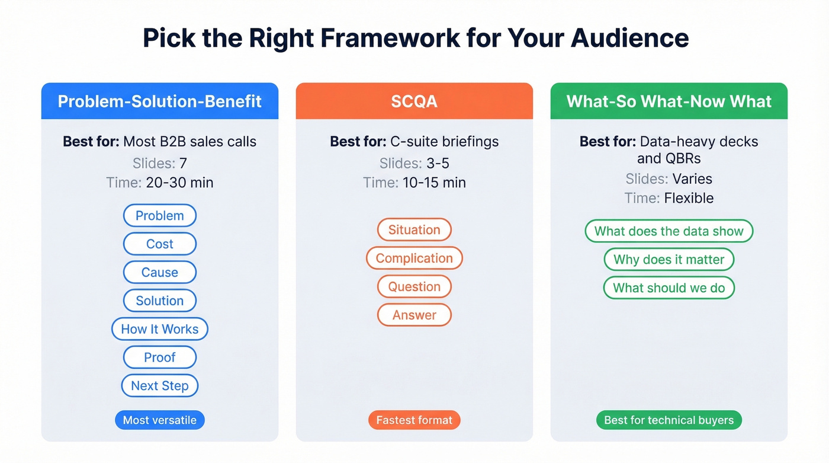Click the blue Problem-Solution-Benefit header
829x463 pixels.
click(160, 101)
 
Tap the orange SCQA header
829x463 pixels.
click(415, 101)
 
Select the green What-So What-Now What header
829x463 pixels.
click(669, 101)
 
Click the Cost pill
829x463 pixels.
click(160, 244)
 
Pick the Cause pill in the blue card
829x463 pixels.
click(160, 272)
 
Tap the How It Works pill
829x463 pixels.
click(160, 329)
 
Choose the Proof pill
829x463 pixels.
click(160, 357)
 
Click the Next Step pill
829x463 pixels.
click(160, 386)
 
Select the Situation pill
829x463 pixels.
click(415, 229)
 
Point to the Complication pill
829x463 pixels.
click(415, 258)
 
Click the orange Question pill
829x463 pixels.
click(415, 286)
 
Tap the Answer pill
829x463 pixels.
click(415, 315)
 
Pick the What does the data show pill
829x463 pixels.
click(669, 231)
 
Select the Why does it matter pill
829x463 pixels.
click(669, 260)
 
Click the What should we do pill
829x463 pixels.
click(669, 288)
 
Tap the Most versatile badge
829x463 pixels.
click(160, 420)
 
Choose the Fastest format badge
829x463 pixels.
click(415, 420)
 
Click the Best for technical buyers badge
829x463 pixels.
click(669, 420)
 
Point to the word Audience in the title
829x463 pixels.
click(630, 38)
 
